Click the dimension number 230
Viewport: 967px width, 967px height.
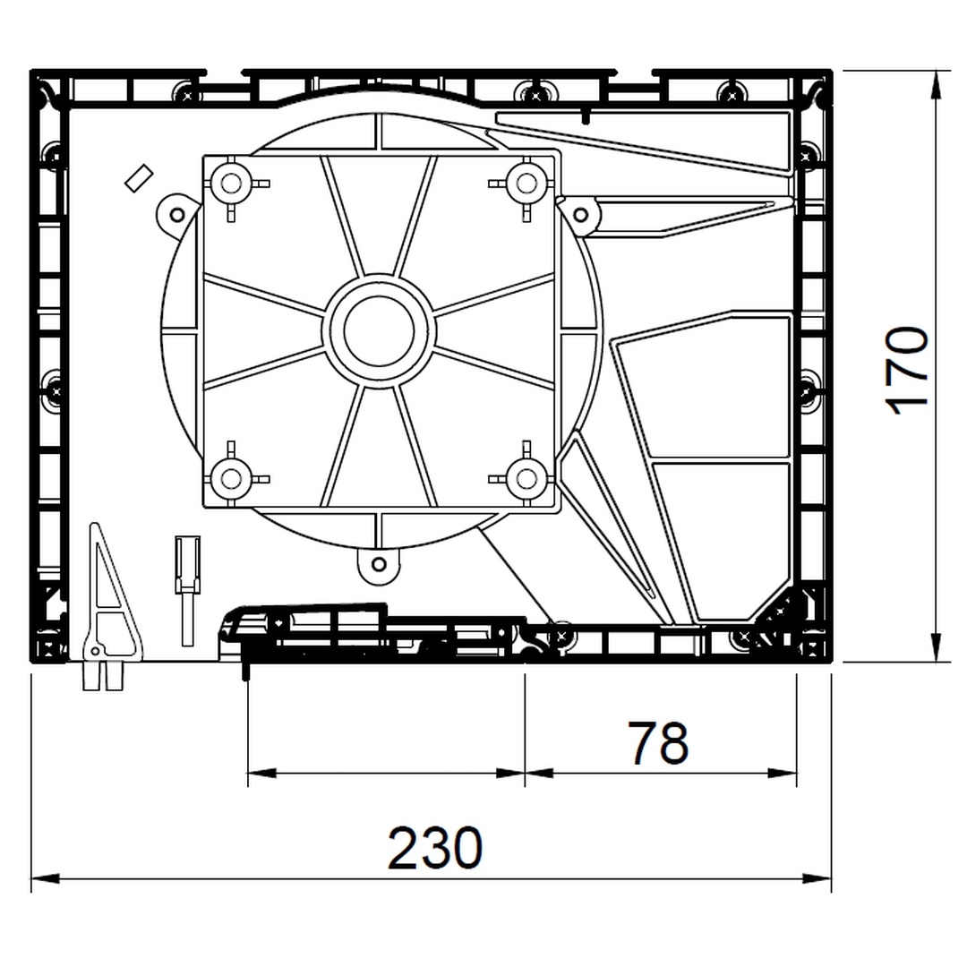[x=435, y=847]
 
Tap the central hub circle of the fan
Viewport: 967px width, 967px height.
[x=379, y=332]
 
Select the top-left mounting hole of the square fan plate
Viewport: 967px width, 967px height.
[x=231, y=184]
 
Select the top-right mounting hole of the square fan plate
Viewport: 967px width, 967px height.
[x=526, y=184]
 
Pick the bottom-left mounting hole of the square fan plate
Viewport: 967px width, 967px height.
[x=231, y=478]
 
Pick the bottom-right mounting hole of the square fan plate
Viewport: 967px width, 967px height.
[x=526, y=478]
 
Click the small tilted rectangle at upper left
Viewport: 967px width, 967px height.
[x=139, y=178]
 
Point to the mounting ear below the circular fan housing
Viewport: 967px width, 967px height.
[x=380, y=564]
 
